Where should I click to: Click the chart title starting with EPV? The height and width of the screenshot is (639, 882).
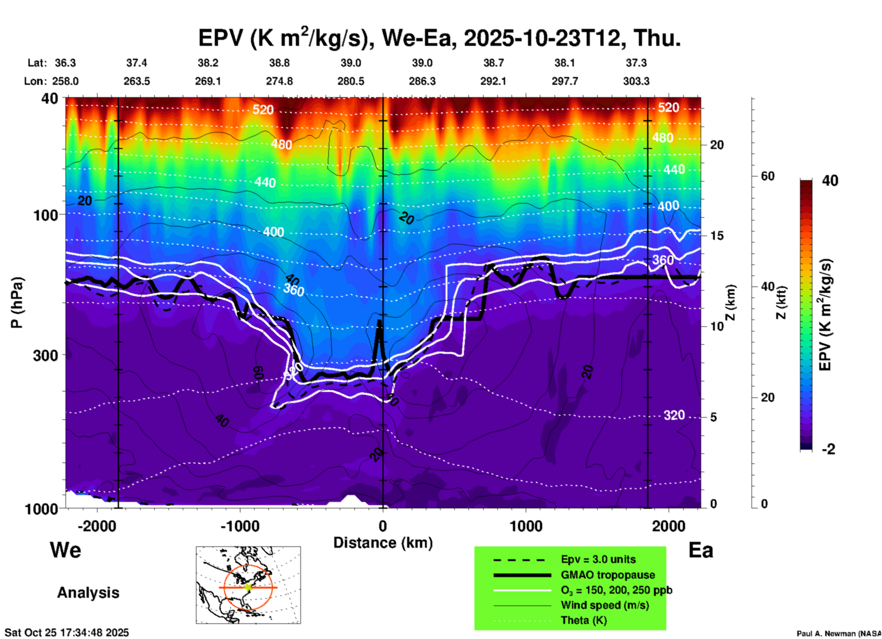click(439, 38)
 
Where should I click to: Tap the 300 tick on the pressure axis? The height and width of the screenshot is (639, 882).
click(46, 355)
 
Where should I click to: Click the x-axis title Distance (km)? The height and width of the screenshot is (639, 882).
click(383, 543)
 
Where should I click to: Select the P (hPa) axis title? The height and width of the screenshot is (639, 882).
click(17, 302)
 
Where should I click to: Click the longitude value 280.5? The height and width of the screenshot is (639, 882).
click(351, 81)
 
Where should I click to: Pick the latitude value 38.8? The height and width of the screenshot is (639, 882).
click(279, 63)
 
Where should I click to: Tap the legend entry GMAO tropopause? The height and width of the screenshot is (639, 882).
click(608, 575)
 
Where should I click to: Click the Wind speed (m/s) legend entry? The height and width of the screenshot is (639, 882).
click(604, 605)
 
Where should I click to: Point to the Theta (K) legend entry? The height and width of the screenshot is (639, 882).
click(583, 620)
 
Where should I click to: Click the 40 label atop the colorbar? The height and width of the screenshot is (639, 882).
click(830, 181)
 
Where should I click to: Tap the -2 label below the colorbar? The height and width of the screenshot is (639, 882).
click(828, 449)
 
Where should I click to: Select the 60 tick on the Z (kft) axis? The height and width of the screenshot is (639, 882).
click(768, 176)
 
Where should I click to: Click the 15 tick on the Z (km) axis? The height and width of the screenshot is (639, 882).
click(717, 236)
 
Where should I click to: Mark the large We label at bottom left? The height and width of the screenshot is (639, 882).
click(65, 550)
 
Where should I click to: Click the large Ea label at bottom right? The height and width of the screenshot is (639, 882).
click(701, 550)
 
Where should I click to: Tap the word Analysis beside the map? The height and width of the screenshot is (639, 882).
click(88, 593)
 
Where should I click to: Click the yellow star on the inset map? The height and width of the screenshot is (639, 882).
click(248, 587)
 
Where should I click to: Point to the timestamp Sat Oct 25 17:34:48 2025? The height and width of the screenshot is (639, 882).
click(67, 633)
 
